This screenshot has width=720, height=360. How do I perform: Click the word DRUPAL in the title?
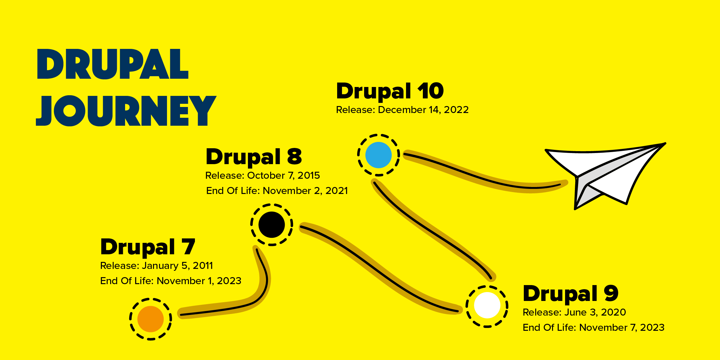tap(113, 64)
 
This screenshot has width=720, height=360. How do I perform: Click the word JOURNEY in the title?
tap(126, 111)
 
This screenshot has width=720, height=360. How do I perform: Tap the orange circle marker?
tap(150, 319)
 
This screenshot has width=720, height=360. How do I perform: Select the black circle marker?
tap(271, 225)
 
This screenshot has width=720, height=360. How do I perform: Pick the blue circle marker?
tap(378, 155)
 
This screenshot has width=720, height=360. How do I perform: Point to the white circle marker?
tap(487, 305)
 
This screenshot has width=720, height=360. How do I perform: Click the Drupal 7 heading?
tap(148, 247)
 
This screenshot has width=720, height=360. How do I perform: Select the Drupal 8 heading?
tap(254, 157)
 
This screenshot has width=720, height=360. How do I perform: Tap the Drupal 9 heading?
tap(570, 294)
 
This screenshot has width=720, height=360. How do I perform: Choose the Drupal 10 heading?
tap(390, 91)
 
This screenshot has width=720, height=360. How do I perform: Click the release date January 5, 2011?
tap(177, 266)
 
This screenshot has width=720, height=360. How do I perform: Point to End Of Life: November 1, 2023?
tap(170, 281)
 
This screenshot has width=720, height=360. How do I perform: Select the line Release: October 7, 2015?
tap(263, 176)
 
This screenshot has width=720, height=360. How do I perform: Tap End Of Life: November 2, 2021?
tap(277, 191)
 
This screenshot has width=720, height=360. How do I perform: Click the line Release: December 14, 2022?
tap(402, 110)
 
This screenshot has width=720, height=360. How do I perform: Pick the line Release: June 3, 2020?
tap(574, 312)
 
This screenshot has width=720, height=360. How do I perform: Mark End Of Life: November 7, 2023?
tap(593, 328)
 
